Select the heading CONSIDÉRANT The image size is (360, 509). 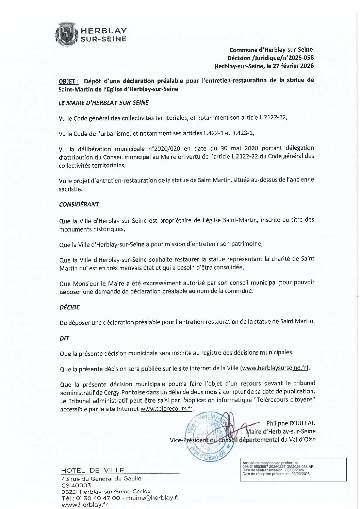click(79, 204)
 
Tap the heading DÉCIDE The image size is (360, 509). click(69, 307)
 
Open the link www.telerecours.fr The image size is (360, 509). click(166, 409)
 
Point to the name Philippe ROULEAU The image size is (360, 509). click(291, 423)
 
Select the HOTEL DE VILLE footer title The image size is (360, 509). click(93, 471)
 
